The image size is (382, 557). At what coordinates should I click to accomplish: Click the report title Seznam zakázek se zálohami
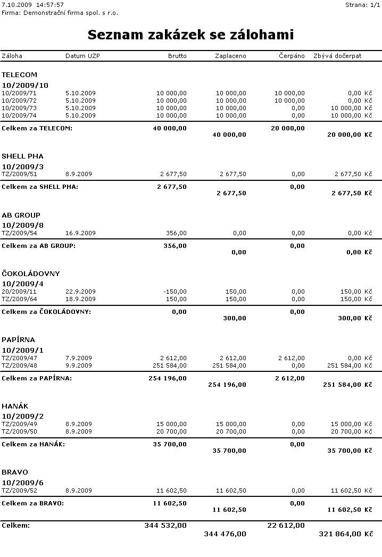click(x=190, y=35)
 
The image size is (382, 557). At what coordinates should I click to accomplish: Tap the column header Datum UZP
click(x=82, y=56)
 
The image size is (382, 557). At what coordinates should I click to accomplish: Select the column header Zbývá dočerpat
click(x=337, y=56)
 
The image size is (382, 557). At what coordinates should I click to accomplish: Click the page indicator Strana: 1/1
click(x=363, y=5)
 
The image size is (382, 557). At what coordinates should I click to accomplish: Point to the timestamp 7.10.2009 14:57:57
click(x=33, y=5)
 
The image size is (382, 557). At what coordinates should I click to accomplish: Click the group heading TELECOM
click(x=19, y=75)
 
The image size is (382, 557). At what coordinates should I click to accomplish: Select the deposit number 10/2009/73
click(x=19, y=108)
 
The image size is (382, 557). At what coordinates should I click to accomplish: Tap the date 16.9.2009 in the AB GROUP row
click(x=80, y=233)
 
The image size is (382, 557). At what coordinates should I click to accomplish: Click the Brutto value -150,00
click(x=175, y=292)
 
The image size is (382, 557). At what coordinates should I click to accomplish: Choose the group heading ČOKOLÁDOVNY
click(x=31, y=273)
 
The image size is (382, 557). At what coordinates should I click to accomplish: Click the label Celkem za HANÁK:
click(x=34, y=444)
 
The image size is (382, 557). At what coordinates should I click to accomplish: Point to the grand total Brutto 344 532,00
click(x=165, y=526)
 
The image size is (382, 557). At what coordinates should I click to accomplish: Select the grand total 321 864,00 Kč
click(x=345, y=534)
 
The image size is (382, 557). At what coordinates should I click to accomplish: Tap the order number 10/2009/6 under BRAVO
click(x=23, y=483)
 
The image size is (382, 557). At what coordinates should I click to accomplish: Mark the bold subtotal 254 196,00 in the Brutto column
click(x=168, y=378)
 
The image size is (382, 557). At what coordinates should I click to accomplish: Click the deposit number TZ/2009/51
click(x=19, y=174)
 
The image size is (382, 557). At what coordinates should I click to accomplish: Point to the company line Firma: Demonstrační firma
click(x=60, y=12)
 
